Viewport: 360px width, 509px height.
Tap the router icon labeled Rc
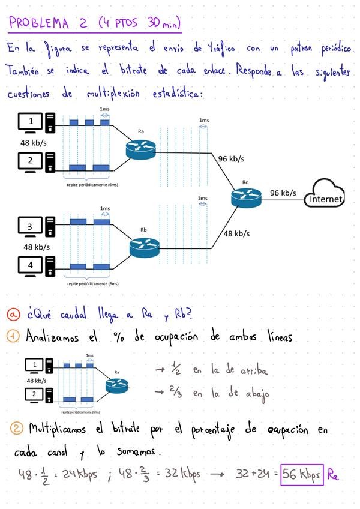(245, 196)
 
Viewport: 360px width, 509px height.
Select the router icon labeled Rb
(144, 246)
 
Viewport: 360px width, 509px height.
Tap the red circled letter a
(14, 314)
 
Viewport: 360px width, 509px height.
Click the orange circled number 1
(14, 337)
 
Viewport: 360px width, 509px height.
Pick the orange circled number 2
(16, 430)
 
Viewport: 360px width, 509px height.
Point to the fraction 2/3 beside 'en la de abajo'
(175, 393)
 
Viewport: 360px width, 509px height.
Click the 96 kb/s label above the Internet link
(283, 193)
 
